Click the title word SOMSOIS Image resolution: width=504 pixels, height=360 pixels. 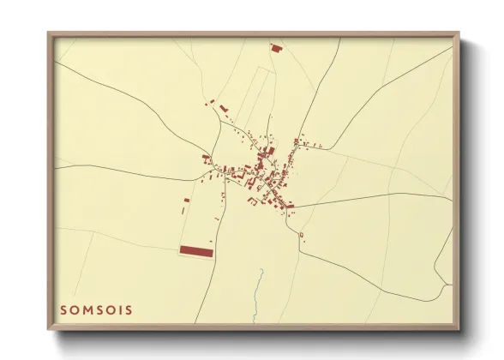[x=96, y=309]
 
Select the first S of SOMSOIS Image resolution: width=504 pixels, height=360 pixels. [x=63, y=309]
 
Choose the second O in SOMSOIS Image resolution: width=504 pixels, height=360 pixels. [x=109, y=309]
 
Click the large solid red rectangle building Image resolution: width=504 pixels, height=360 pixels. [x=195, y=250]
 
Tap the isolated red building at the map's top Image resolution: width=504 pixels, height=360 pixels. [x=276, y=48]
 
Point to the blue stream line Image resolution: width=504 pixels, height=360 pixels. [x=259, y=283]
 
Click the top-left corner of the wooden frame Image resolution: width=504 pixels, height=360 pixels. [x=48, y=33]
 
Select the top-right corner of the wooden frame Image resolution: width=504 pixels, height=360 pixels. [x=459, y=33]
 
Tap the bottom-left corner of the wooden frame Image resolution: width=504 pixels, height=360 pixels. [x=48, y=331]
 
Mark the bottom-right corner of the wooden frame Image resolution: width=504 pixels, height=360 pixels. [x=459, y=331]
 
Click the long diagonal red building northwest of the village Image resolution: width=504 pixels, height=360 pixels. [x=224, y=109]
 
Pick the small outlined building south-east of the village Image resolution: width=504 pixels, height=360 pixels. [x=302, y=234]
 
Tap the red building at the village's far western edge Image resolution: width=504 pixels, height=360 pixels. [x=205, y=157]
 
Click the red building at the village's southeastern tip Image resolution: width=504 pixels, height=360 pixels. [x=289, y=206]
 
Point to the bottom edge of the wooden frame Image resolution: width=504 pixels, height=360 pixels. [x=253, y=329]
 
